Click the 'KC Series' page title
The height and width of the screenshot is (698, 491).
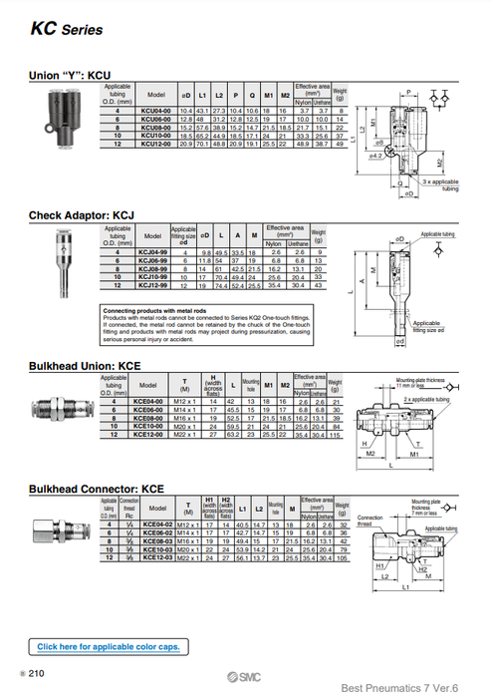[66, 29]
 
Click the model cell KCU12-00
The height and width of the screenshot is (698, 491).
[156, 145]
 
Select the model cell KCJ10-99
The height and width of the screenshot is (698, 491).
[152, 278]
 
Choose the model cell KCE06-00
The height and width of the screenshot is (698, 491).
[149, 408]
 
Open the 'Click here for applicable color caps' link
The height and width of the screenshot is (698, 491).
[109, 647]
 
